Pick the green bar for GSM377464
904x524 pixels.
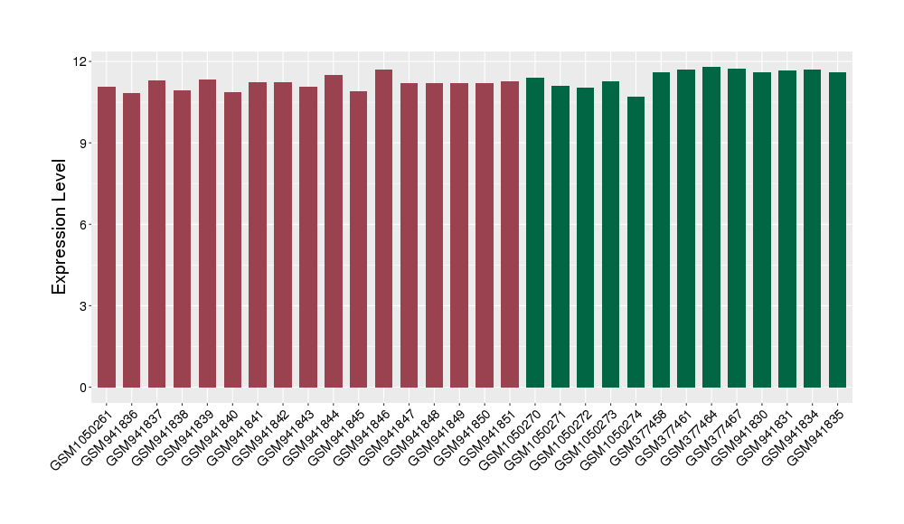[711, 227]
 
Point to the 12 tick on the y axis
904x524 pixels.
[82, 61]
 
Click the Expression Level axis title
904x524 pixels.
[60, 226]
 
